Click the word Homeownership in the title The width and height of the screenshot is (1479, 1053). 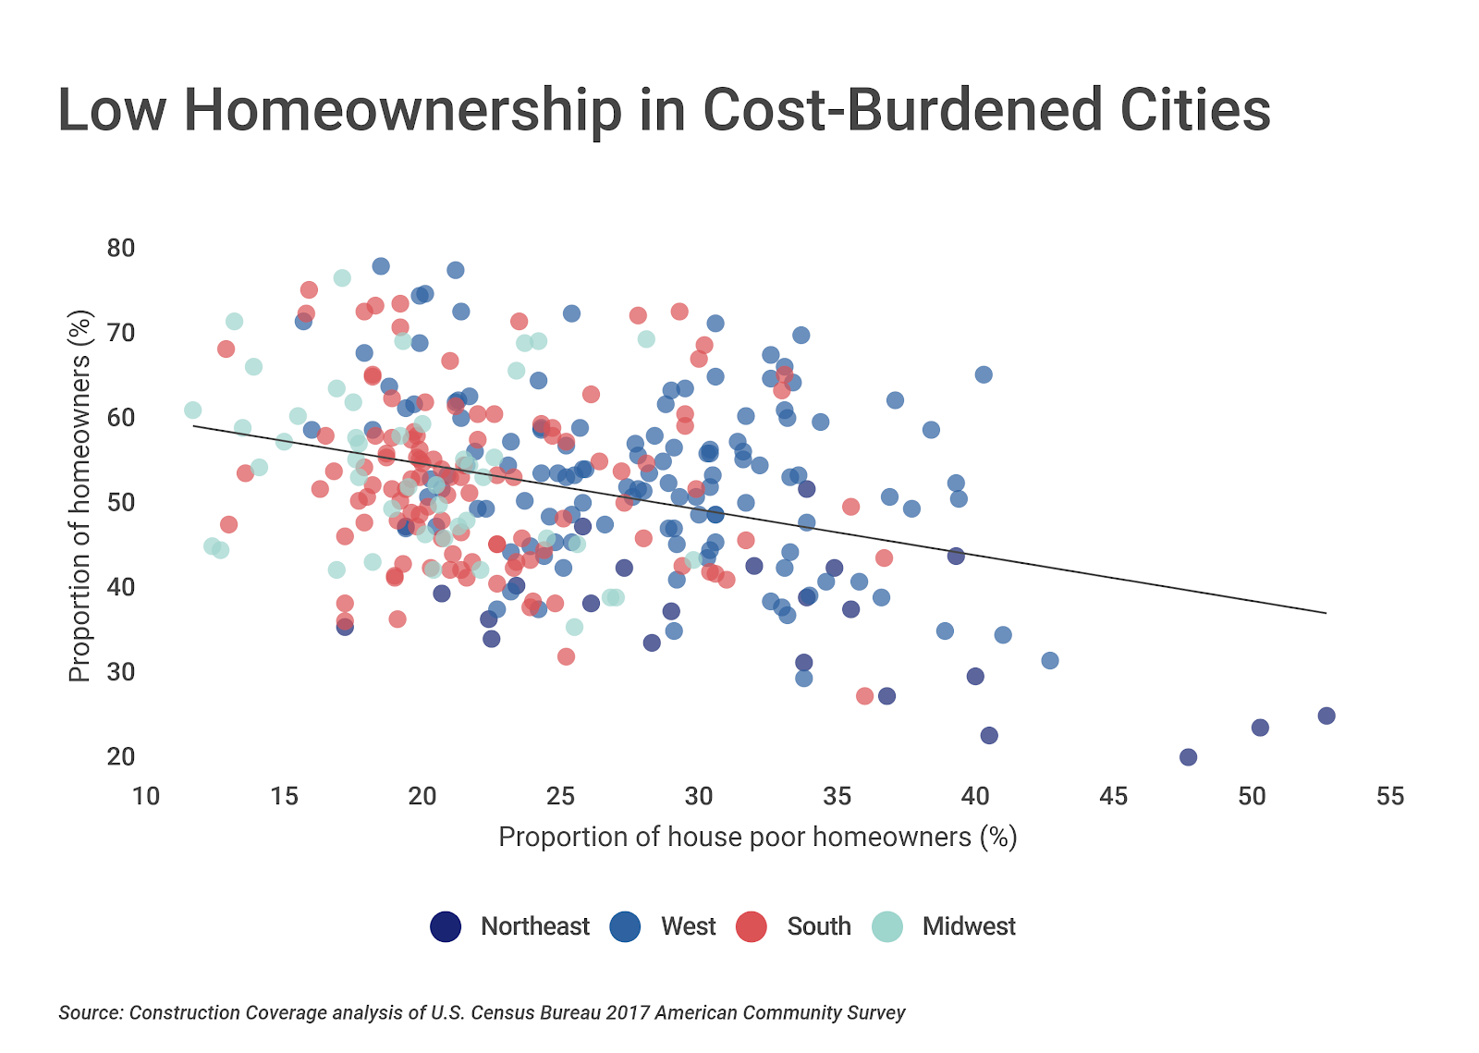[x=403, y=110]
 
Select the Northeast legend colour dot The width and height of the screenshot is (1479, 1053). [x=446, y=926]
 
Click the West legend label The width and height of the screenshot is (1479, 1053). [x=688, y=926]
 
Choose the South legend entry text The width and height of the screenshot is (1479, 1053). [x=818, y=926]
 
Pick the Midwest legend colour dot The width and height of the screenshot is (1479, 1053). [x=887, y=926]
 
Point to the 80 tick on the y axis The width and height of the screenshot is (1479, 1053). [x=121, y=248]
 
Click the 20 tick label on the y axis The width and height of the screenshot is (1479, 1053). [x=121, y=756]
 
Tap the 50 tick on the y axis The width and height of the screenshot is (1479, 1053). [x=121, y=502]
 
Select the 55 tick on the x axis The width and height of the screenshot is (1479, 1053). [x=1389, y=797]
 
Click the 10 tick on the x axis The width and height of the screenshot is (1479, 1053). [x=146, y=797]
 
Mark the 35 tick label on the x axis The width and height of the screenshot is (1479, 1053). [x=837, y=797]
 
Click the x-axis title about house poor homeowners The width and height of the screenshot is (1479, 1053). [x=757, y=837]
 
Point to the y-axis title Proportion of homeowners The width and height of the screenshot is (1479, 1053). [x=80, y=496]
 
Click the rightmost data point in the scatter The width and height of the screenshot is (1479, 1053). [x=1326, y=716]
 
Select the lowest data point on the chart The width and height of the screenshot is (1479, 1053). [x=1189, y=757]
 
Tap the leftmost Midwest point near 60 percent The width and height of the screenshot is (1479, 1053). [x=192, y=410]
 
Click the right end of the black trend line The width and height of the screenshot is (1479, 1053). [x=1326, y=613]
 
